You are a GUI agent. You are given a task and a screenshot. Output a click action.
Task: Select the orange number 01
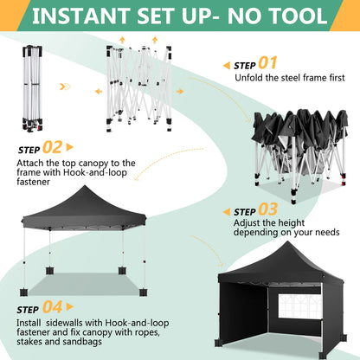click(267, 62)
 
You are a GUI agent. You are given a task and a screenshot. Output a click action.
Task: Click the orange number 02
click(52, 148)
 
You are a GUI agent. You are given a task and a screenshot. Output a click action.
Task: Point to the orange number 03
click(268, 210)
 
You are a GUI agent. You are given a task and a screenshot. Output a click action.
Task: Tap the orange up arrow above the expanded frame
click(121, 40)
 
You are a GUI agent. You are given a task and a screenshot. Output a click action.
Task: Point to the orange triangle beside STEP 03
click(226, 212)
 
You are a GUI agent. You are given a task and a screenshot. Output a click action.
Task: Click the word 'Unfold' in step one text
click(250, 79)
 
